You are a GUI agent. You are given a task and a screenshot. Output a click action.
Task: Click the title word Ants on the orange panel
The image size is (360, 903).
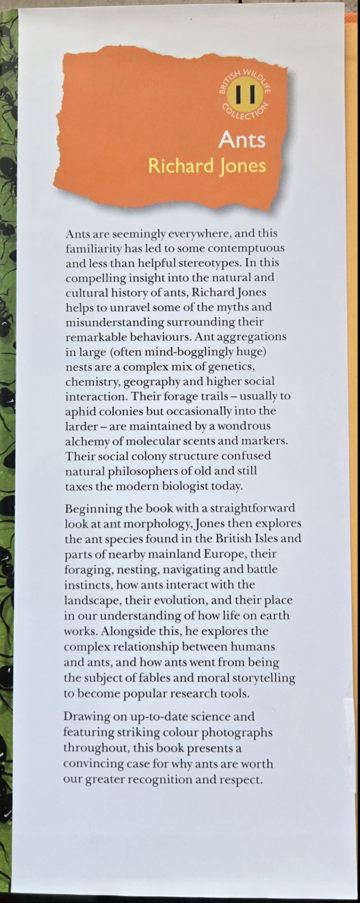tap(242, 140)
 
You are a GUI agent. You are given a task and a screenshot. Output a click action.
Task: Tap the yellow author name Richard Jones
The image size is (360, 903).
tap(207, 166)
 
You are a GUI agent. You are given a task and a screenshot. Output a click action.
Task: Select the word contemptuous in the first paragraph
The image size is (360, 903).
tap(246, 248)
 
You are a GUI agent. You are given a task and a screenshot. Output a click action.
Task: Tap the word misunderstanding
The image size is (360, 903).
tap(115, 322)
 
